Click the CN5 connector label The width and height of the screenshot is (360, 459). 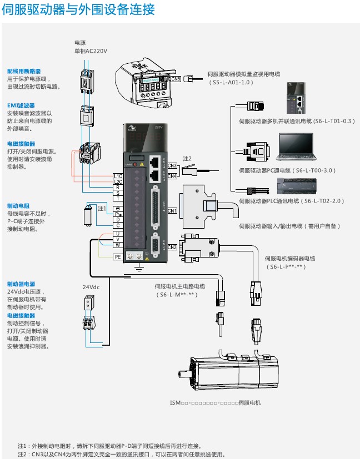point(176,79)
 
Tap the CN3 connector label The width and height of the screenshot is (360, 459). point(172,165)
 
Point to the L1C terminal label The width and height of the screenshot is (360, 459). point(118,176)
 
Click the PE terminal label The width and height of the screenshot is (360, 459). point(118,257)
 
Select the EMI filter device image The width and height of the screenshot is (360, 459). point(86,115)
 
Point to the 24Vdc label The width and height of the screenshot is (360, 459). point(91,287)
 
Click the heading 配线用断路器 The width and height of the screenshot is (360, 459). point(24,72)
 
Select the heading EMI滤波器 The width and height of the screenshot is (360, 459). point(21,105)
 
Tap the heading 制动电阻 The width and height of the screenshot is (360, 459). point(18,205)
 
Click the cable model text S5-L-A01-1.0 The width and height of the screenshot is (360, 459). point(231,82)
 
